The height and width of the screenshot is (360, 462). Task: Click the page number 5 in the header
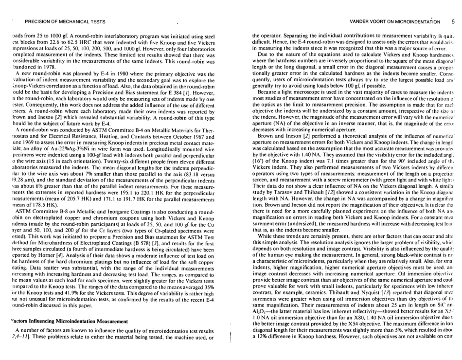point(452,21)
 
